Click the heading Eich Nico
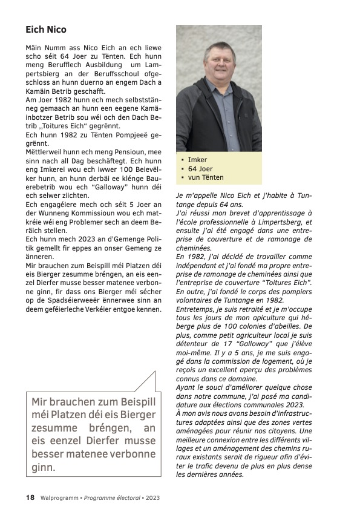click(46, 29)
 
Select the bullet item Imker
click(197, 160)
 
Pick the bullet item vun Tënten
click(206, 177)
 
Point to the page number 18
click(30, 497)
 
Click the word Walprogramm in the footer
click(59, 497)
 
